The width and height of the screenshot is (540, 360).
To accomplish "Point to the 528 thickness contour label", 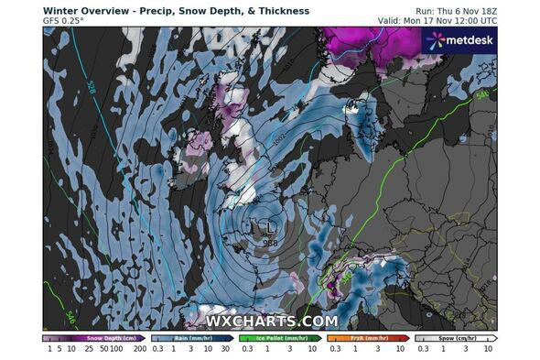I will point(91,88).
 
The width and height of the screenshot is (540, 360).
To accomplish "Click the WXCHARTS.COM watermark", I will point(271,321).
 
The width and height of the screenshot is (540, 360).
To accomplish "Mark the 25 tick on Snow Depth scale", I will point(77,349).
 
